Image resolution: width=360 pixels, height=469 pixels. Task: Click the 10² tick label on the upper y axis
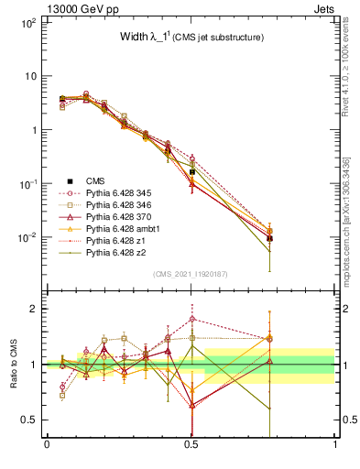point(27,22)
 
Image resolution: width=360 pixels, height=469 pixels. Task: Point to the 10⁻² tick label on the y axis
point(27,237)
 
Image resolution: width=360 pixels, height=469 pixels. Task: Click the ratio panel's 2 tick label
point(34,309)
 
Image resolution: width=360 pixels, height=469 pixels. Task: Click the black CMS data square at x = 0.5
point(191,171)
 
